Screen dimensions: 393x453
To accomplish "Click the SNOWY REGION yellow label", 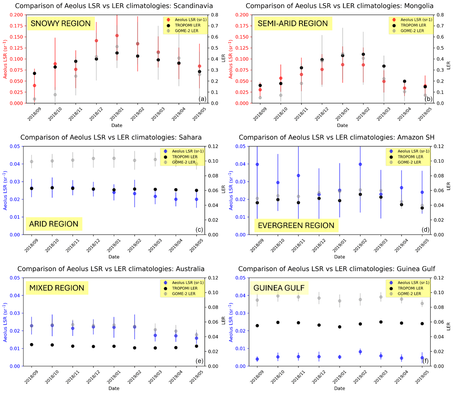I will [x=61, y=23].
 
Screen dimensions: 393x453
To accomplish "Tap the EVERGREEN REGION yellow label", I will [x=296, y=225].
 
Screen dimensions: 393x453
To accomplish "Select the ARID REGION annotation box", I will [x=54, y=224].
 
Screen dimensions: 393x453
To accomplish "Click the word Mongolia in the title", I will [x=419, y=6].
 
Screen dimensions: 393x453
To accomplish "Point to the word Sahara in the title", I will [x=189, y=138].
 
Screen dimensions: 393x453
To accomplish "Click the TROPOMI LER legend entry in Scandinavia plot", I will [x=188, y=25].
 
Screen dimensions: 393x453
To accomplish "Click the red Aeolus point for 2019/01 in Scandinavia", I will [x=117, y=36].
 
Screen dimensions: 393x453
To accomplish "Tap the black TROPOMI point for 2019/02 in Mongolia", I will [x=363, y=54].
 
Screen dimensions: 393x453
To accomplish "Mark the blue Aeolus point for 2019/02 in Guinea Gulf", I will [x=360, y=352].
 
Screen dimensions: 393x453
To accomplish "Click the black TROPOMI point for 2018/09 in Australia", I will [x=32, y=345].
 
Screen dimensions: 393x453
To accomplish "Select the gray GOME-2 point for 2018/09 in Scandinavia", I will [x=34, y=99].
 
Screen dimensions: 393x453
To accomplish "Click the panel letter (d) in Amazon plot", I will [x=425, y=229].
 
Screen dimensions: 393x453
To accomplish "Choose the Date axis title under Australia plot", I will [x=114, y=388].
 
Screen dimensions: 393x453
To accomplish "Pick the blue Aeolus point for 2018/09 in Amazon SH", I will [x=257, y=164].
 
